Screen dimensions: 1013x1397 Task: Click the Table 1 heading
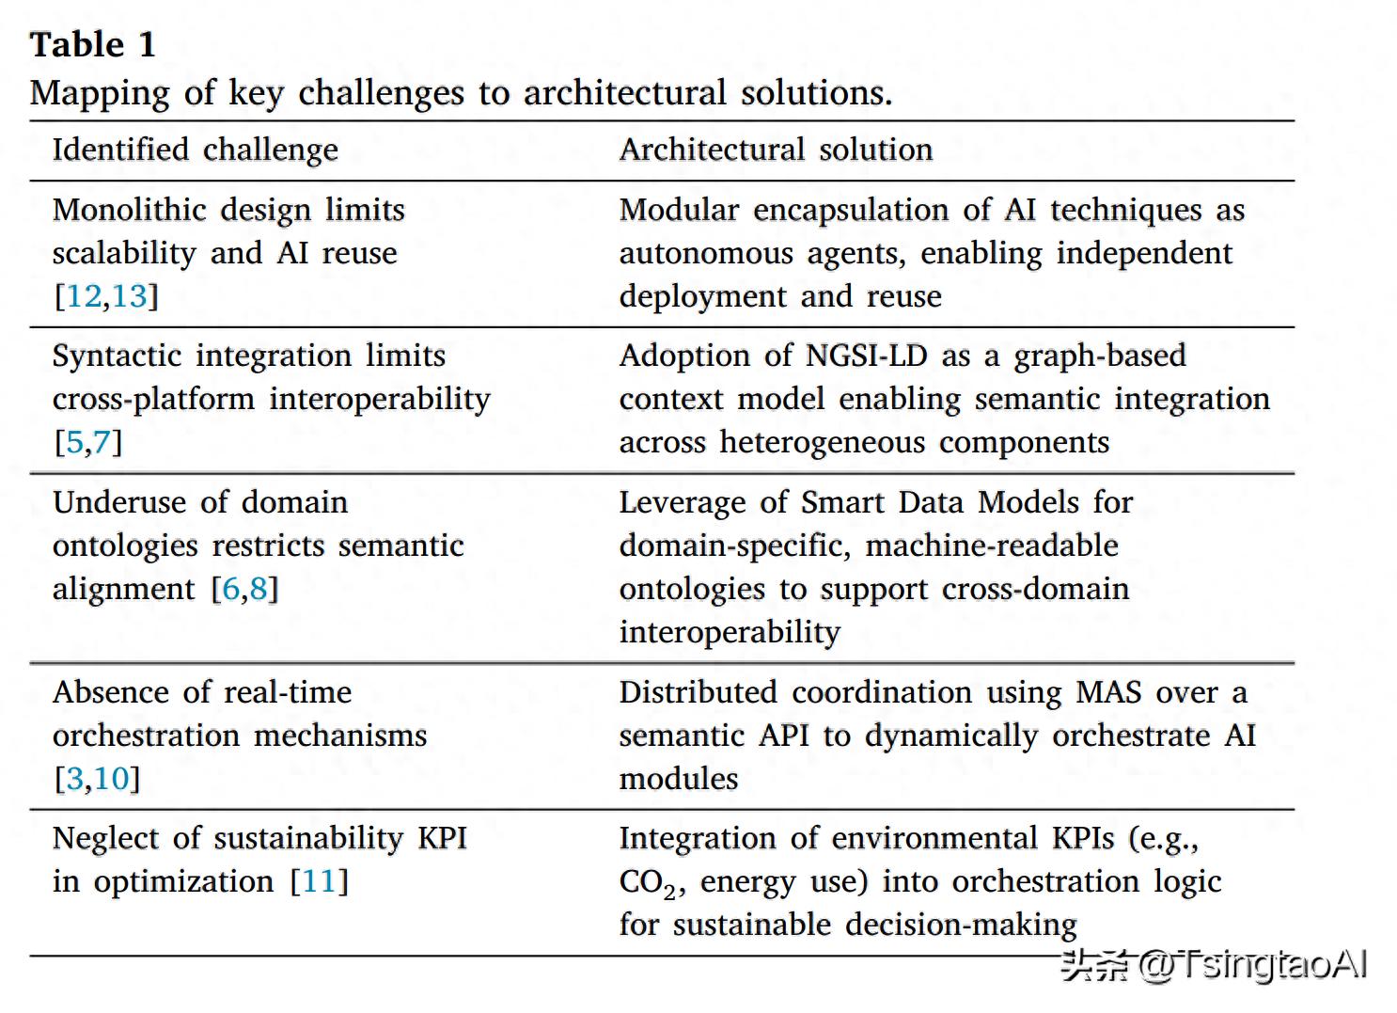(x=92, y=44)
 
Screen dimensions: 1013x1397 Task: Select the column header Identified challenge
(x=195, y=150)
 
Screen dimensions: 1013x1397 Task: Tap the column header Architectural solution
(x=776, y=150)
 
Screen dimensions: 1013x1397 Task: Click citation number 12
(x=84, y=296)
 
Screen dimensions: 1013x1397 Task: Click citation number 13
(x=130, y=296)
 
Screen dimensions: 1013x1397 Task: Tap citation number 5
(x=74, y=442)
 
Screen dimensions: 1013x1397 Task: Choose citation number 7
(x=102, y=442)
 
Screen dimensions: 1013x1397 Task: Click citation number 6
(x=230, y=589)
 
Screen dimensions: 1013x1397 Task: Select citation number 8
(x=259, y=589)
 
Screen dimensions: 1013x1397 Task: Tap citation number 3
(x=74, y=779)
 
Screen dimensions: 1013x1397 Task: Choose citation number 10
(x=111, y=779)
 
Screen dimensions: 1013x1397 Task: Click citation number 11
(x=319, y=881)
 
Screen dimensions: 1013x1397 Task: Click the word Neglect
(x=106, y=838)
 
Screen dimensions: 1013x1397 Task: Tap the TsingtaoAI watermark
(x=1214, y=965)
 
